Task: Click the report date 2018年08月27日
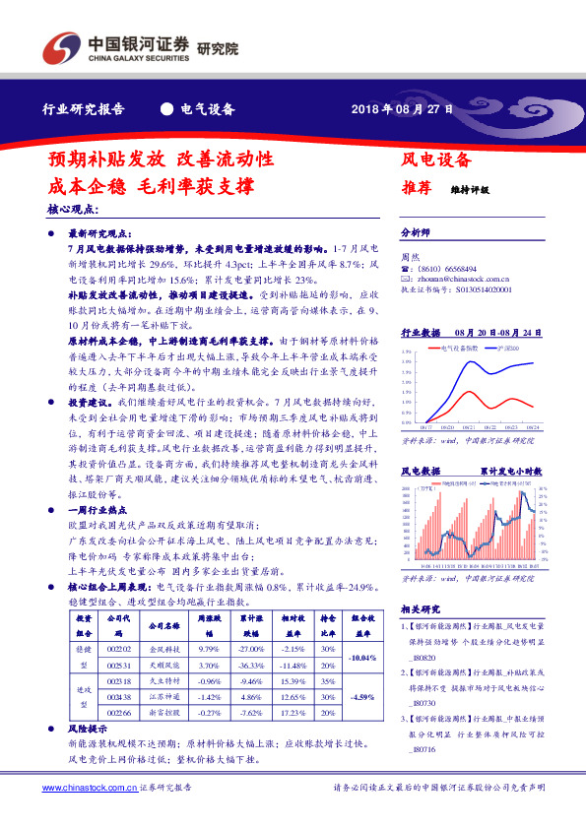[x=403, y=109]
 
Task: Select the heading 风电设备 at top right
[x=435, y=159]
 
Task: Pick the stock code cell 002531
[x=118, y=666]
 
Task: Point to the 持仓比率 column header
[x=326, y=622]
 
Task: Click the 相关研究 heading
[x=422, y=609]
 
